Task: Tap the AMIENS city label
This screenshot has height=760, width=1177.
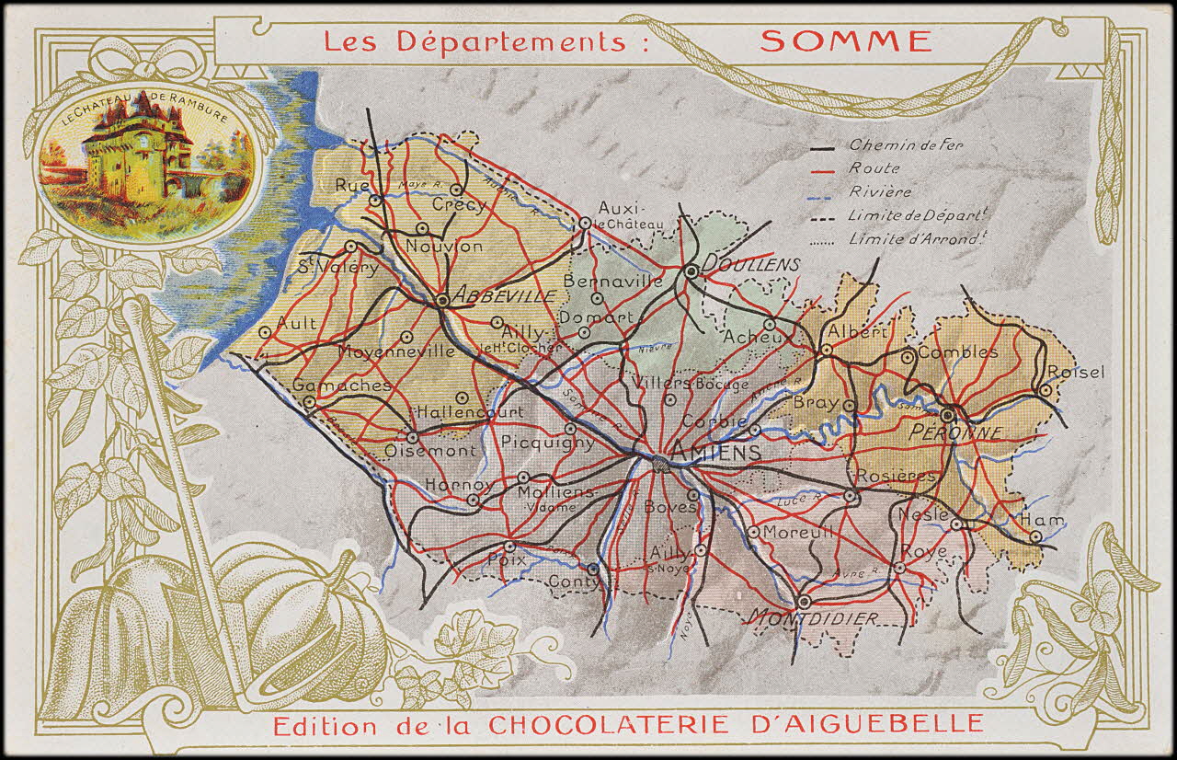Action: point(703,452)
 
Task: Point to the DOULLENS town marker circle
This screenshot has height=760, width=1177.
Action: point(691,271)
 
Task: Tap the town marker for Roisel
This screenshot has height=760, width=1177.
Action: point(1046,390)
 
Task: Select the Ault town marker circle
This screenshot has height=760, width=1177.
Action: point(266,332)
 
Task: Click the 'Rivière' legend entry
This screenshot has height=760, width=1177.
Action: point(880,191)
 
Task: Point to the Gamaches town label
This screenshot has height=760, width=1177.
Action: point(342,386)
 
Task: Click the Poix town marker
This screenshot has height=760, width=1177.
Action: point(509,547)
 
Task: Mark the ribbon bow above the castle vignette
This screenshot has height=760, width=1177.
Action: point(150,58)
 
